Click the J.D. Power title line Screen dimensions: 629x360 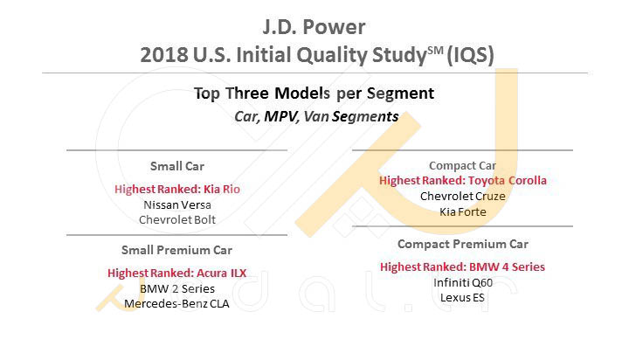314,27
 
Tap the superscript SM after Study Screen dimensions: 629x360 435,51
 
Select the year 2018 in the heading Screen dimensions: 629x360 164,54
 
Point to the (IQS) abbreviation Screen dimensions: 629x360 470,55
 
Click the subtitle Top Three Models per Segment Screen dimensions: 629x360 314,93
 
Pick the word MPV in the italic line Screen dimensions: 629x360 281,116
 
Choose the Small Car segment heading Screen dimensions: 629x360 176,166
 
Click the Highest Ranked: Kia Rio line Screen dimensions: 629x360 177,189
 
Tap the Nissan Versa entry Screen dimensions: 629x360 177,204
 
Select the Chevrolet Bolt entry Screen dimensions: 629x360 177,219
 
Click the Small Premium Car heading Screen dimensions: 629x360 176,250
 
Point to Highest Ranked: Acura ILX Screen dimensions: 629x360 176,273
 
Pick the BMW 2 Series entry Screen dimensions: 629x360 177,288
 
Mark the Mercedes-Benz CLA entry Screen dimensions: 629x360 176,303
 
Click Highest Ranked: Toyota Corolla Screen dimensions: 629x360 462,181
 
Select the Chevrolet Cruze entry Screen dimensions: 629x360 462,197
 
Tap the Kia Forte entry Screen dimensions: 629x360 462,211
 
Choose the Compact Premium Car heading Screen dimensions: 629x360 462,244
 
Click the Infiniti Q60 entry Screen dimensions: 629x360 462,282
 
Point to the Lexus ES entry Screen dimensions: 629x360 462,297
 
